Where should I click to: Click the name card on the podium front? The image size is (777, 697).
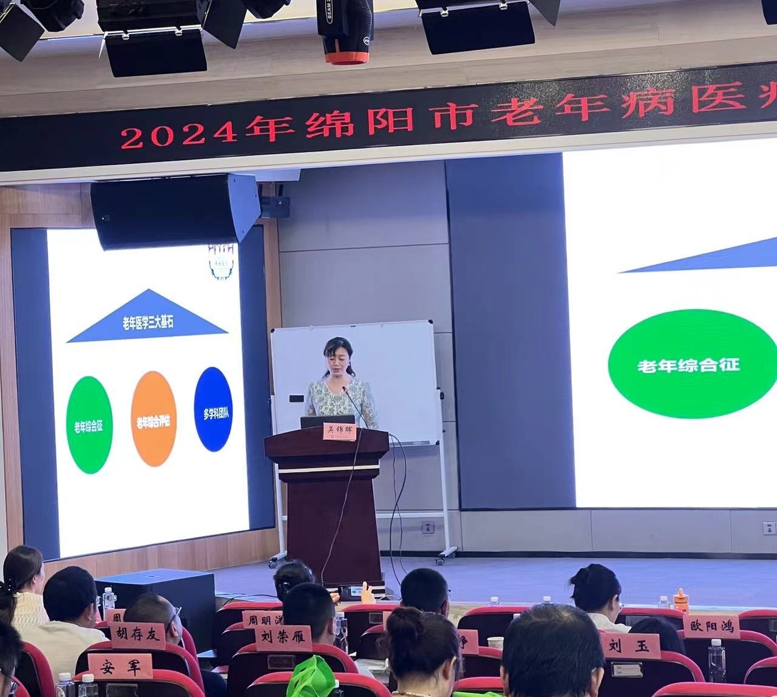point(339,431)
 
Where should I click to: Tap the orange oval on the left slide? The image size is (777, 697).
point(154,419)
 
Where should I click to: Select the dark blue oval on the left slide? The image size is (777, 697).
point(213,409)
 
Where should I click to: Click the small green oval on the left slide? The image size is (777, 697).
point(89,424)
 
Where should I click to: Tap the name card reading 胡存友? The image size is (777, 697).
point(138,636)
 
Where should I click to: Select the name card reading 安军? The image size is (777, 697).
point(120,665)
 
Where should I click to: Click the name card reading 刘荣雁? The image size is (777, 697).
point(283,639)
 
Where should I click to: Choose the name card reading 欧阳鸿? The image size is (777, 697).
point(711,626)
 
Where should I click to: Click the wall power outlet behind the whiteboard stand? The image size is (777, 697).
point(428,527)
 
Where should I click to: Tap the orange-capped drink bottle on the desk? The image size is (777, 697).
point(681,600)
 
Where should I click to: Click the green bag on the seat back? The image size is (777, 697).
point(311,677)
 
